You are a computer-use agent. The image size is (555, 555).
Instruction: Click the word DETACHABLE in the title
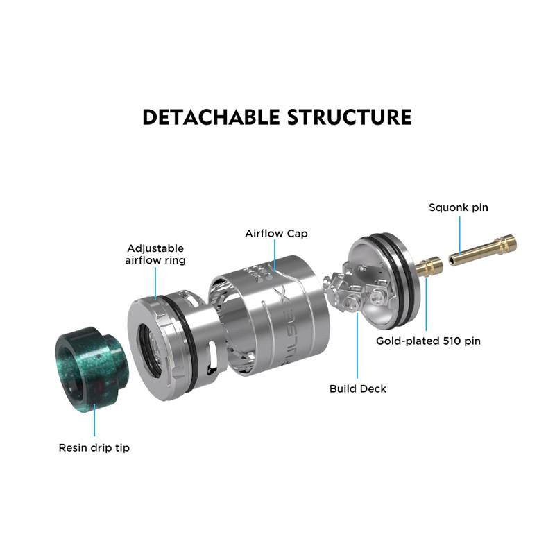(211, 117)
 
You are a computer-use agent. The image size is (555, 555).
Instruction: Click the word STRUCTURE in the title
(350, 117)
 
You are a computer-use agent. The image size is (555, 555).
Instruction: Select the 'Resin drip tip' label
(94, 448)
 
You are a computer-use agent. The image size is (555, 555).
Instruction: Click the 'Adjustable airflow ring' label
(155, 255)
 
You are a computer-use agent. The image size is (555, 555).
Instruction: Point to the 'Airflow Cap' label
(276, 234)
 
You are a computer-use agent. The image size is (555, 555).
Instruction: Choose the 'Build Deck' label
(358, 388)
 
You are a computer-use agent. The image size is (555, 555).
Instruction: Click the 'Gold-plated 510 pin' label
(428, 341)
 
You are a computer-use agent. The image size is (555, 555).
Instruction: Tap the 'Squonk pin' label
(459, 207)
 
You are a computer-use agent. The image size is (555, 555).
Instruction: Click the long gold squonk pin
(483, 250)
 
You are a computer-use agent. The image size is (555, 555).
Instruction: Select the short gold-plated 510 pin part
(429, 266)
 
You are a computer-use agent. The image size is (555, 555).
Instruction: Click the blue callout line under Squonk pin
(460, 235)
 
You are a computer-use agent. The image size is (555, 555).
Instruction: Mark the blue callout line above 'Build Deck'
(357, 345)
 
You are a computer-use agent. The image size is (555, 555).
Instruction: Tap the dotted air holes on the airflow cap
(258, 273)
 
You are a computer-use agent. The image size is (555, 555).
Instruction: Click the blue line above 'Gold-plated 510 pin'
(426, 305)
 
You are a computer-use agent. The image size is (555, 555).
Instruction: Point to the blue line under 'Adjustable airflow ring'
(155, 284)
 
